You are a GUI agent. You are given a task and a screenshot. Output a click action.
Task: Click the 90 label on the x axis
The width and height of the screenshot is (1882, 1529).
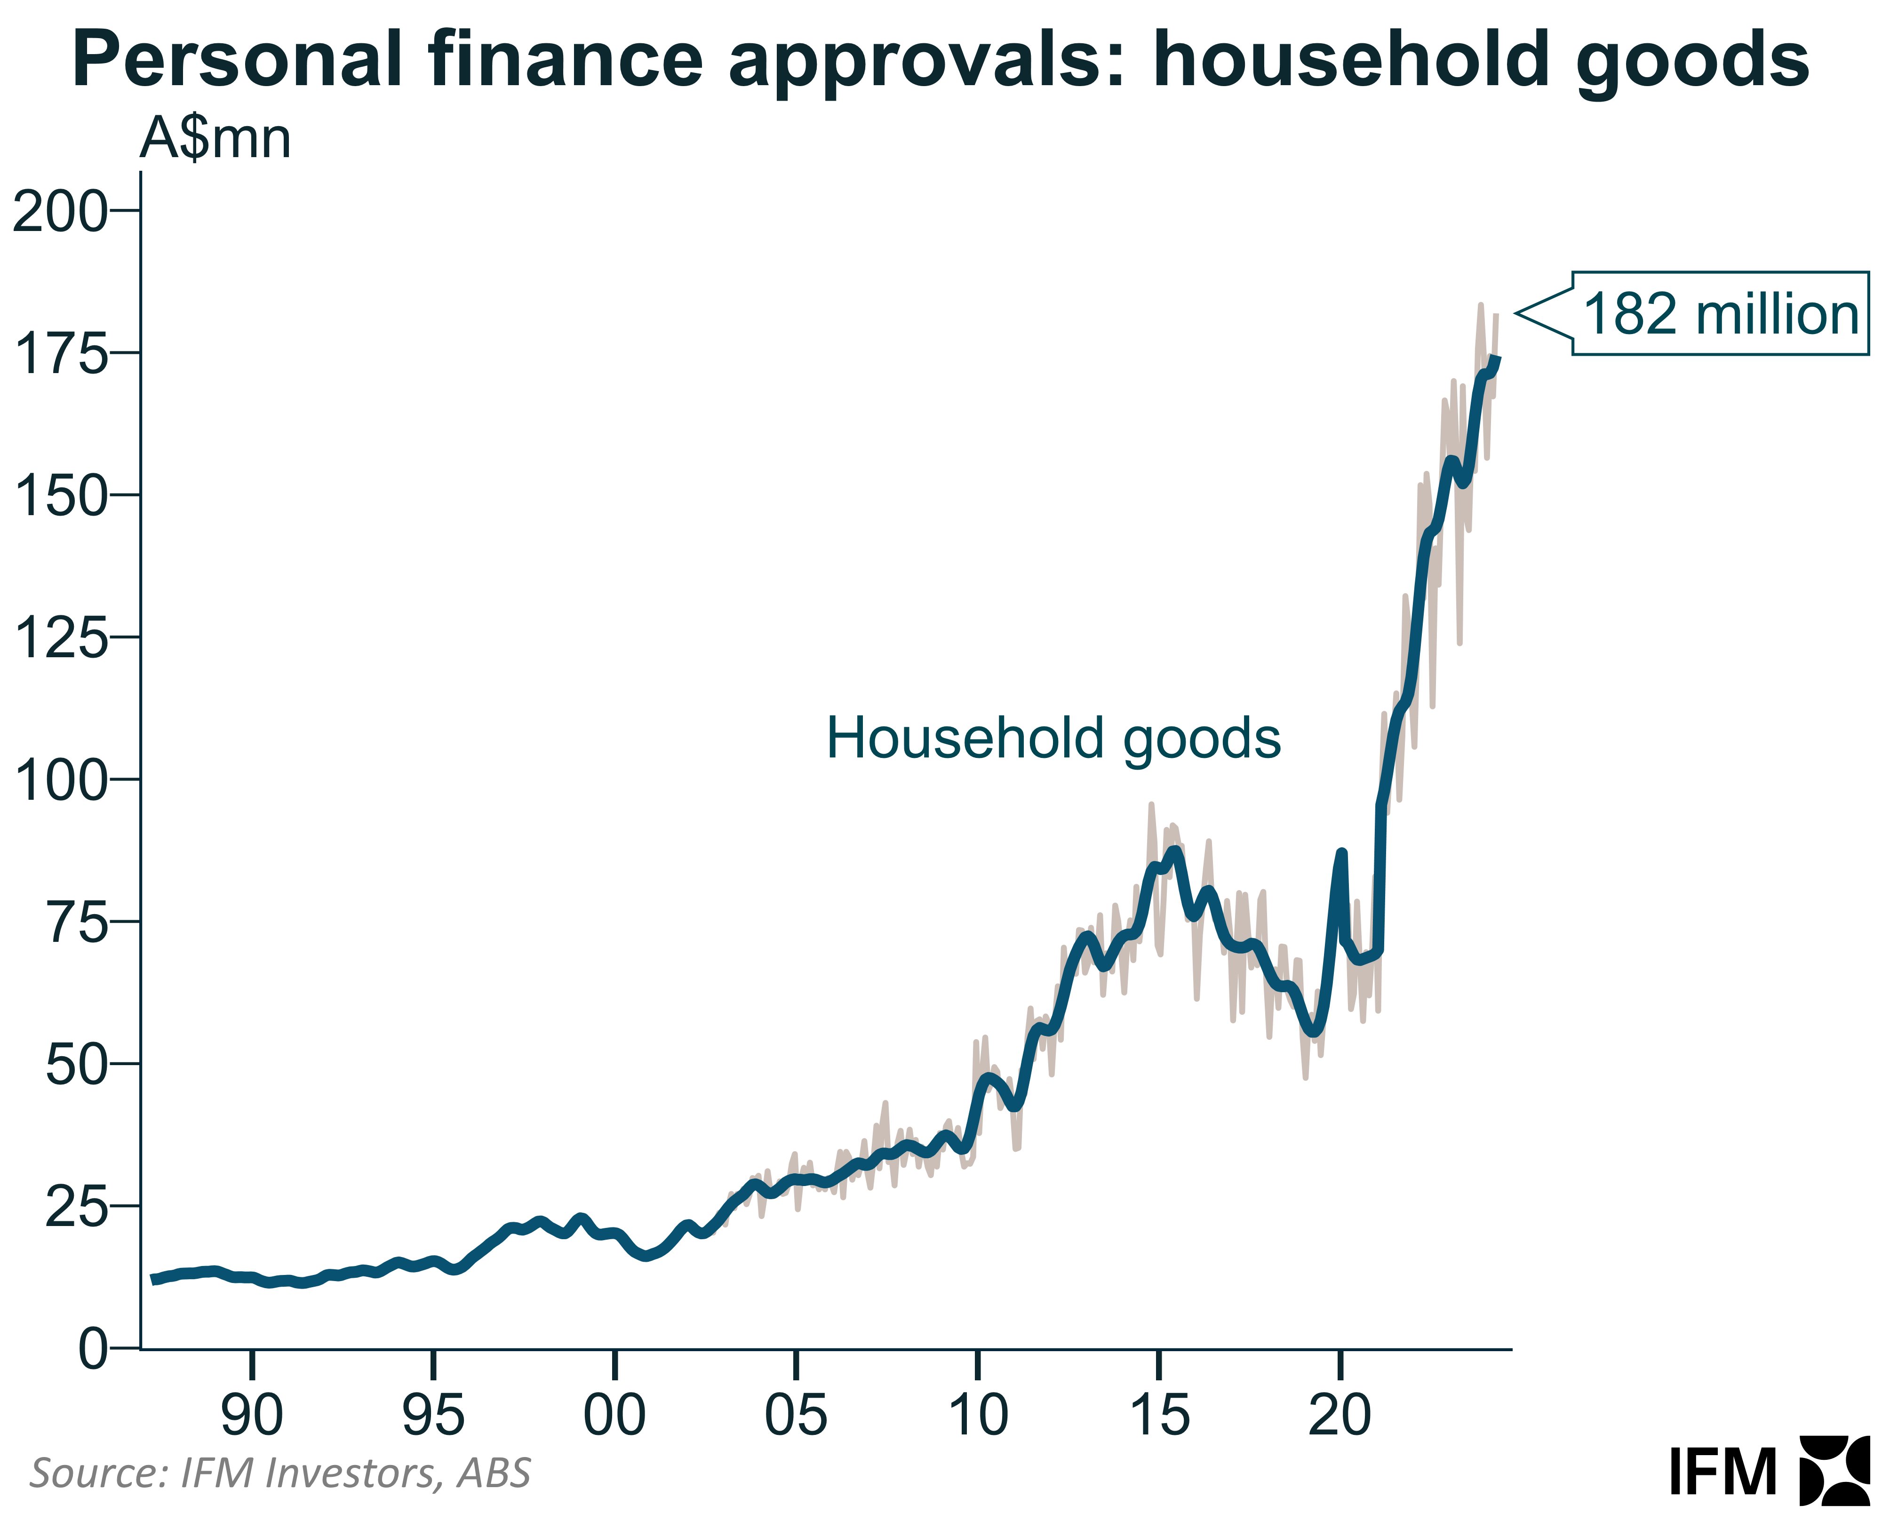pyautogui.click(x=252, y=1415)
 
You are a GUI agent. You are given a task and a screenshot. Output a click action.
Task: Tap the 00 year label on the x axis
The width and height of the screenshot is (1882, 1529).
pyautogui.click(x=615, y=1415)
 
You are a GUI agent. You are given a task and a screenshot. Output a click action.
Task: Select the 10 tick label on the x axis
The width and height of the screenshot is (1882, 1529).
pyautogui.click(x=978, y=1415)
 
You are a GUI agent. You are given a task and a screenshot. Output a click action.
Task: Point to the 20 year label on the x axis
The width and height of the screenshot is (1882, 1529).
pyautogui.click(x=1340, y=1415)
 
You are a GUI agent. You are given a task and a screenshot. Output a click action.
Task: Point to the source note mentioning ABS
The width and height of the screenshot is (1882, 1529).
pyautogui.click(x=280, y=1473)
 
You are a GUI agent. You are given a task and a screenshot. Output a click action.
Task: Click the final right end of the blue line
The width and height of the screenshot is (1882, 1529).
pyautogui.click(x=1498, y=358)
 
